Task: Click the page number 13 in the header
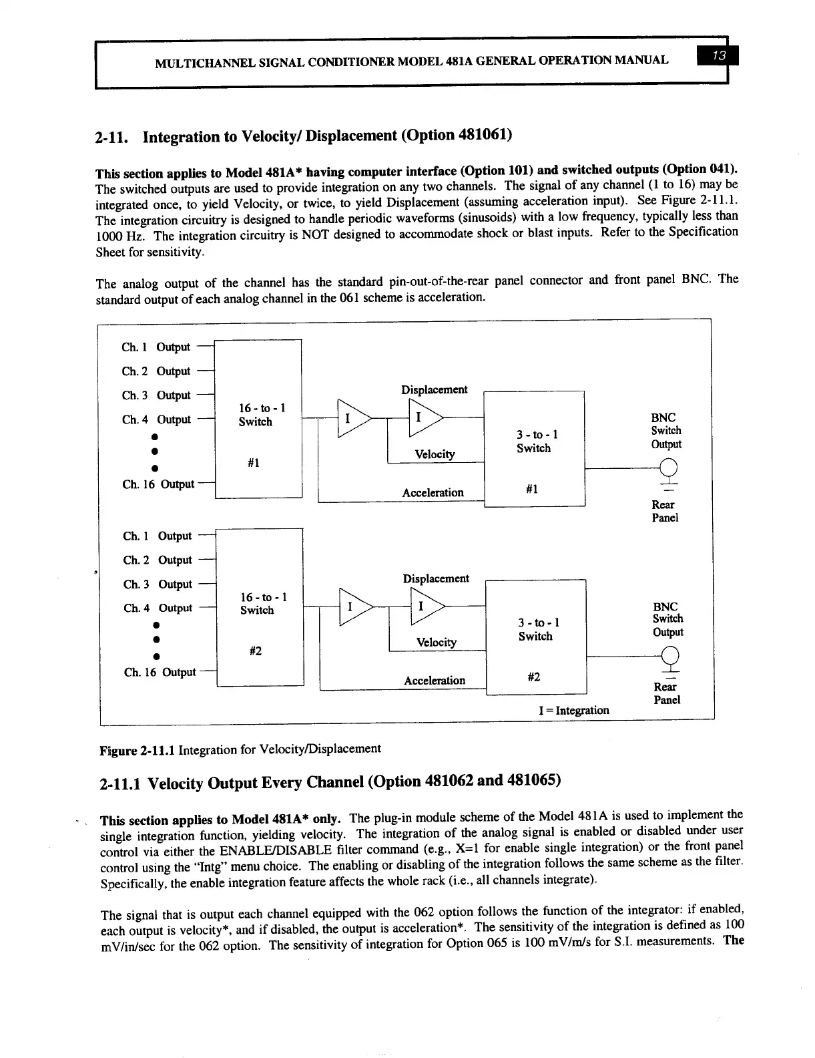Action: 713,59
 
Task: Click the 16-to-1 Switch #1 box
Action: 258,419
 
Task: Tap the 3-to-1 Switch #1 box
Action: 534,449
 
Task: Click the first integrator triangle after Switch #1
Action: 352,419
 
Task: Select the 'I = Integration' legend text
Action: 573,710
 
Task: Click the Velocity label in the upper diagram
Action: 435,454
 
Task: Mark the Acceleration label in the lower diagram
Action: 435,681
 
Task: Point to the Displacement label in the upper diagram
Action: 434,389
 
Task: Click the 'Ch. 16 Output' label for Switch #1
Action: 158,484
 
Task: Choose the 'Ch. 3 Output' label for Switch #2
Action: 158,584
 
